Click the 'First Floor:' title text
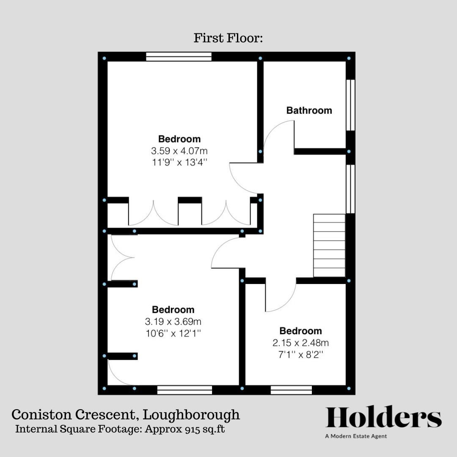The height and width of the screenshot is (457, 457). click(x=228, y=38)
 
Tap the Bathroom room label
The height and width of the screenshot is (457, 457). click(x=309, y=110)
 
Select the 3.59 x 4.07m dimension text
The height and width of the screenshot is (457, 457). click(x=179, y=150)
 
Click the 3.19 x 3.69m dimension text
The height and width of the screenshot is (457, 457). click(x=173, y=321)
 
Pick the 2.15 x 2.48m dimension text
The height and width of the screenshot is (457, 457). click(x=300, y=342)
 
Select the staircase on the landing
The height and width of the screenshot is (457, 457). click(x=329, y=245)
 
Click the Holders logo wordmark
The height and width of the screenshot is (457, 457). click(x=383, y=418)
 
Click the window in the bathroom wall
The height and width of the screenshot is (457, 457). click(x=350, y=105)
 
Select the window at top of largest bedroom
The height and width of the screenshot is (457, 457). click(x=179, y=56)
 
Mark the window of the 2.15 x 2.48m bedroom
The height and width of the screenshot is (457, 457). click(x=291, y=390)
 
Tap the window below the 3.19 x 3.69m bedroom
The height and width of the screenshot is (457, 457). click(x=184, y=390)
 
